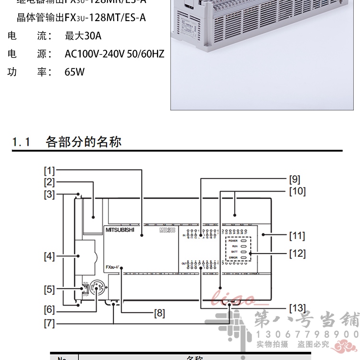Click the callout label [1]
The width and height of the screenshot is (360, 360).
pyautogui.click(x=50, y=170)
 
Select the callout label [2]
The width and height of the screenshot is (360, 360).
pyautogui.click(x=50, y=182)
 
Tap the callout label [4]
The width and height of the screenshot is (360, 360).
pyautogui.click(x=50, y=256)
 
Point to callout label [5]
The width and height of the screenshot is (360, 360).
pyautogui.click(x=50, y=289)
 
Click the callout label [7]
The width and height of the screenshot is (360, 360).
pyautogui.click(x=50, y=323)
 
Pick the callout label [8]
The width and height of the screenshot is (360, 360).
pyautogui.click(x=159, y=313)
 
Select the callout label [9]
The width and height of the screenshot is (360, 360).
pyautogui.click(x=295, y=180)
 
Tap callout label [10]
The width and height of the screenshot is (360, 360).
pyautogui.click(x=297, y=191)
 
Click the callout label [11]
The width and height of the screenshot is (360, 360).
pyautogui.click(x=297, y=236)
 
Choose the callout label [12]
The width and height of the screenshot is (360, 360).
pyautogui.click(x=297, y=253)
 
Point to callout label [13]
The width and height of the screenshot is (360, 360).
pyautogui.click(x=297, y=308)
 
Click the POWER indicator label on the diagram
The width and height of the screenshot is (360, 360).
pyautogui.click(x=233, y=240)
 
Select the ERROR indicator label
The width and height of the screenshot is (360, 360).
pyautogui.click(x=233, y=258)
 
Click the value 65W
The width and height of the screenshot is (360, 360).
pyautogui.click(x=74, y=72)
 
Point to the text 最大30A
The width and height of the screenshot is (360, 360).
pyautogui.click(x=83, y=36)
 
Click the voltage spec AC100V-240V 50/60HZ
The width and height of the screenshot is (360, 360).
pyautogui.click(x=114, y=54)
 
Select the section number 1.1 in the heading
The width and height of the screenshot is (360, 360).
pyautogui.click(x=22, y=142)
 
